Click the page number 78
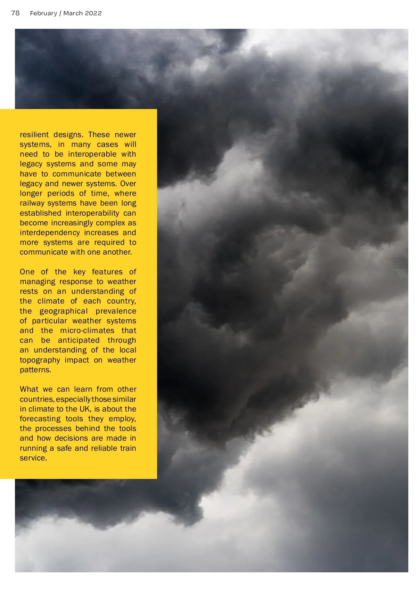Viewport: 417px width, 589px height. pos(15,13)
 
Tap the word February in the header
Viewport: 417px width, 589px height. pos(43,13)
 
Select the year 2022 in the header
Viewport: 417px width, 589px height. pos(93,13)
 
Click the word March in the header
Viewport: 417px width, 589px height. pos(73,13)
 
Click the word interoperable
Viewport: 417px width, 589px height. pos(92,154)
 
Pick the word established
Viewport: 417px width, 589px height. pos(40,213)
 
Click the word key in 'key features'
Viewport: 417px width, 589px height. pos(79,272)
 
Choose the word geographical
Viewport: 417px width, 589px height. pos(63,311)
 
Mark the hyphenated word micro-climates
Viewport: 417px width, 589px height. pos(87,330)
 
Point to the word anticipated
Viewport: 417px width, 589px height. pos(79,340)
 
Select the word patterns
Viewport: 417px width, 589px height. pos(35,370)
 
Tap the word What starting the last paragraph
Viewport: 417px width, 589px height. pos(29,389)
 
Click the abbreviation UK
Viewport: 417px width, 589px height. pos(84,409)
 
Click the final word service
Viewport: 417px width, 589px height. pos(33,458)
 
